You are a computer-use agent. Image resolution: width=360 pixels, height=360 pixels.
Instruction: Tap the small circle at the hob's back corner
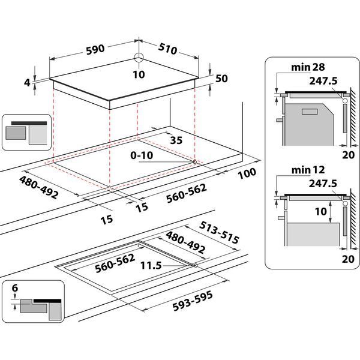tap(139, 58)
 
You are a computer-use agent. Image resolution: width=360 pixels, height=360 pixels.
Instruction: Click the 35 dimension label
tap(176, 142)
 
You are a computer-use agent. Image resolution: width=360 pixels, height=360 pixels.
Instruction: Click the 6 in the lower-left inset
tap(14, 289)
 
